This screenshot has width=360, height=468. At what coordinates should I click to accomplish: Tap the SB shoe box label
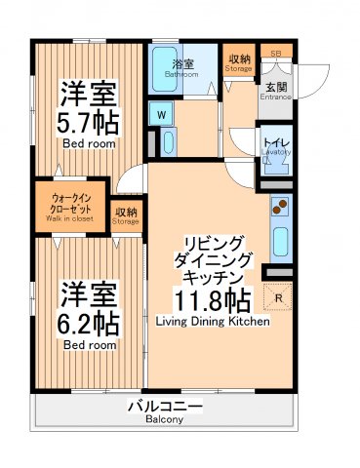point(276,53)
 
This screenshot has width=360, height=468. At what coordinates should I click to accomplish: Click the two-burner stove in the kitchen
point(280,208)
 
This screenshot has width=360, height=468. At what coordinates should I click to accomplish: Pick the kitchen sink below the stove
point(280,240)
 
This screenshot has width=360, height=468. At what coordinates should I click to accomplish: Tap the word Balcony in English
point(165,420)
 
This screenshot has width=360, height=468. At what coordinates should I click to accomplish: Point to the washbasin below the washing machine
point(168,144)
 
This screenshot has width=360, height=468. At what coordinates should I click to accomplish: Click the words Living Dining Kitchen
point(212,320)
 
